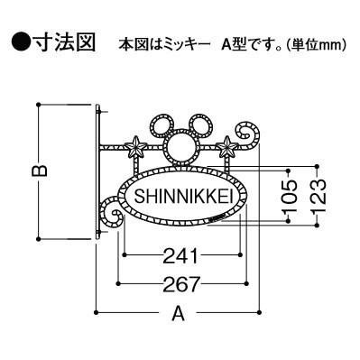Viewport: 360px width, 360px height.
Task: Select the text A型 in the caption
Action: pyautogui.click(x=234, y=44)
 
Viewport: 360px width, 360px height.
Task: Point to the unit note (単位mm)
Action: pyautogui.click(x=313, y=44)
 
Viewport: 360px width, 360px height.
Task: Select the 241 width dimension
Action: pyautogui.click(x=181, y=254)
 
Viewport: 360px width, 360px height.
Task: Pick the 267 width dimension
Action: pyautogui.click(x=181, y=282)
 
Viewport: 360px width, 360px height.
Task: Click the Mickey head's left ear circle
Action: pyautogui.click(x=164, y=123)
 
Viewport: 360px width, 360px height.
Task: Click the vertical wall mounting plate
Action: pyautogui.click(x=97, y=171)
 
